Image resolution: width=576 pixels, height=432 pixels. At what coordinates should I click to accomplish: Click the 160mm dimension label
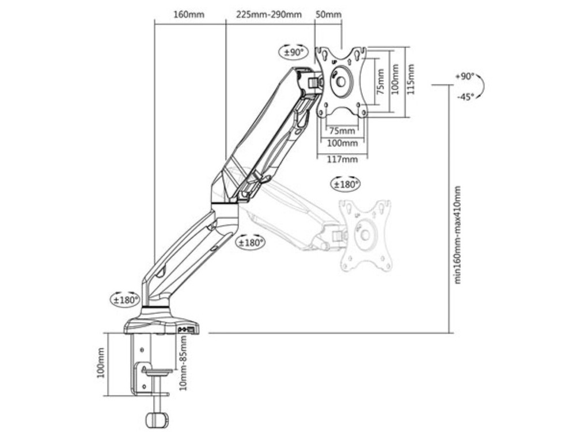coord(188,15)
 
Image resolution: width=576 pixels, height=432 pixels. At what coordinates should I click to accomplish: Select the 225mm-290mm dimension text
coord(268,15)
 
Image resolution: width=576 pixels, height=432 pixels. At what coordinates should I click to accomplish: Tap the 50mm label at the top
coord(328,15)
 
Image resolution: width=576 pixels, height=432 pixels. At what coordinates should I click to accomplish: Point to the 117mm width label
coord(342,159)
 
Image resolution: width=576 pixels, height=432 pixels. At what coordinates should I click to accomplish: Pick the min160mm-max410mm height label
coord(457,235)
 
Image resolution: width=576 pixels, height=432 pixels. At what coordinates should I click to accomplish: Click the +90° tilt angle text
coord(465,77)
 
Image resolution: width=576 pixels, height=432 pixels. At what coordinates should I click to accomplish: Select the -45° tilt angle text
coord(465,97)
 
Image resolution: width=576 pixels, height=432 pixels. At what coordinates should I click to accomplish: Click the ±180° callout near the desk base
coord(126,300)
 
